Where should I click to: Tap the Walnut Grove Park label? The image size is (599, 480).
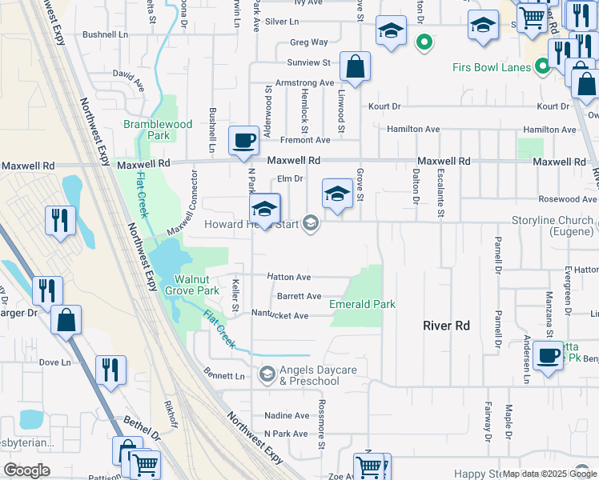(x=197, y=286)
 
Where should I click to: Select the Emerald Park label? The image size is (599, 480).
(x=363, y=304)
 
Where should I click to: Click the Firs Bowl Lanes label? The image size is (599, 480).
(x=491, y=67)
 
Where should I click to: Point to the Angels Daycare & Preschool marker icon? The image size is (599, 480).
(x=267, y=374)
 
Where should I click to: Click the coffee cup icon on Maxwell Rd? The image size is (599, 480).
(x=244, y=141)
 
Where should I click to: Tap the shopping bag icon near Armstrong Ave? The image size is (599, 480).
(x=355, y=67)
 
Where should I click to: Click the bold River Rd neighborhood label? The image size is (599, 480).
(x=446, y=326)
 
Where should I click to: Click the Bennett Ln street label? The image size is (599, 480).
(x=224, y=375)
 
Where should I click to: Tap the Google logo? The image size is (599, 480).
(x=26, y=470)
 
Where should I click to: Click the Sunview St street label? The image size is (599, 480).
(x=309, y=62)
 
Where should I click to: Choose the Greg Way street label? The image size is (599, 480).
(x=309, y=42)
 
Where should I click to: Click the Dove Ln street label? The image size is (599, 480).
(x=54, y=362)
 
